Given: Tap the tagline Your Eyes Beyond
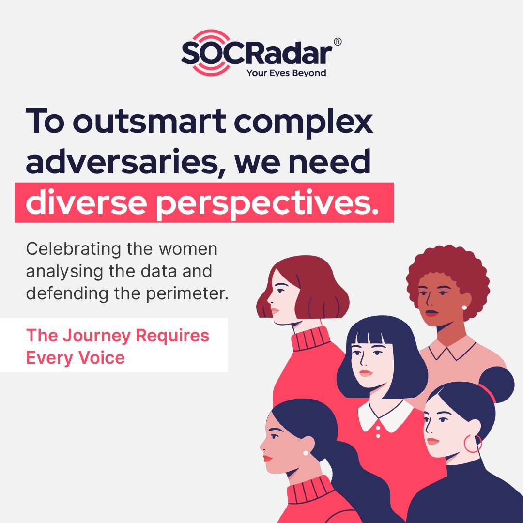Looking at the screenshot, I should [286, 73].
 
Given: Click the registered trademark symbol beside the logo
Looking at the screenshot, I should [338, 42].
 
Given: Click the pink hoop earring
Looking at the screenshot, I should [473, 444].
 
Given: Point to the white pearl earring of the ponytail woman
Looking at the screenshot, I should [306, 453].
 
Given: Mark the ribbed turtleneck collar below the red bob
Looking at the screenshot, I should [310, 339].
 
